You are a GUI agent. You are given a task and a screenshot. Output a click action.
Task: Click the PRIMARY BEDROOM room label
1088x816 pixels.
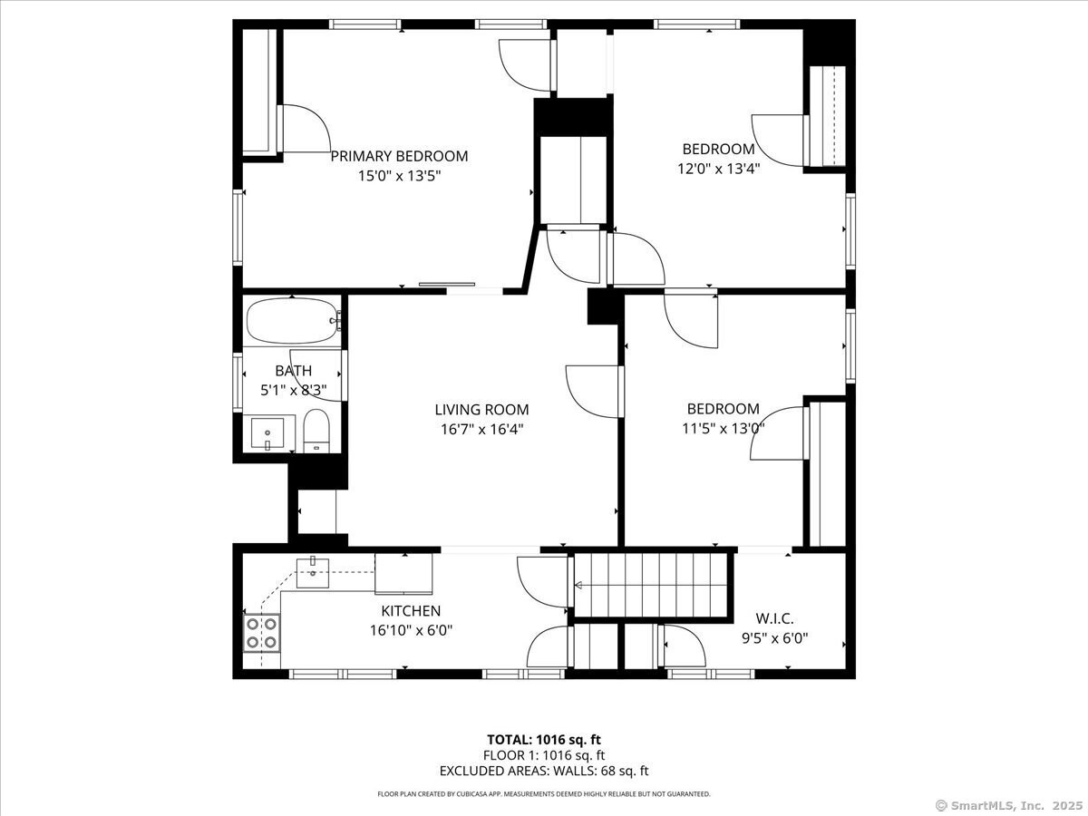point(399,156)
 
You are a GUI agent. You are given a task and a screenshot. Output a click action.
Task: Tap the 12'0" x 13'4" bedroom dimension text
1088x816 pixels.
point(719,169)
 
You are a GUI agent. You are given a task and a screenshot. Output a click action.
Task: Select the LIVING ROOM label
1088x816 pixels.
point(481,410)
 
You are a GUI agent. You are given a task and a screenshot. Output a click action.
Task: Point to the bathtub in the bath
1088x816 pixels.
point(292,321)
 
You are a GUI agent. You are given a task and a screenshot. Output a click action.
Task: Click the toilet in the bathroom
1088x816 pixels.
point(316,431)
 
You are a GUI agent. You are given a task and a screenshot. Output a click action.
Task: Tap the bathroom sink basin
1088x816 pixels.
point(267,433)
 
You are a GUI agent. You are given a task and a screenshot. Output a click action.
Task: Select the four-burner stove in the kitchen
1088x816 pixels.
point(261,633)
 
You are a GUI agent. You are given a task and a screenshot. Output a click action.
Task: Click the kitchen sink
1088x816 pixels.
point(312,573)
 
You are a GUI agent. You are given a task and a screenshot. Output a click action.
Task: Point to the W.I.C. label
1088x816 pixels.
point(774,618)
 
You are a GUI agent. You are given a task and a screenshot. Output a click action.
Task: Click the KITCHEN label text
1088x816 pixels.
point(411,611)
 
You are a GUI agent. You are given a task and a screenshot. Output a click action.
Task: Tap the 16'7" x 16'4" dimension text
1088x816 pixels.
point(481,429)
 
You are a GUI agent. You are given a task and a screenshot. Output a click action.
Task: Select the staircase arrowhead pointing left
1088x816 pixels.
point(578,586)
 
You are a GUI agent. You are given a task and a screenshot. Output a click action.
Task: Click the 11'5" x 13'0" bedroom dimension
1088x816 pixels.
point(724,428)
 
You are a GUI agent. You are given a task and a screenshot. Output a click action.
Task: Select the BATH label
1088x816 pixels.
point(294,371)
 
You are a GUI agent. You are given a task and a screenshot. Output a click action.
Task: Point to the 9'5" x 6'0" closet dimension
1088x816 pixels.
point(774,637)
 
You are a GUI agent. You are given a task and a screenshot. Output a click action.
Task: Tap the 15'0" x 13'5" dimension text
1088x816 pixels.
point(400,176)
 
